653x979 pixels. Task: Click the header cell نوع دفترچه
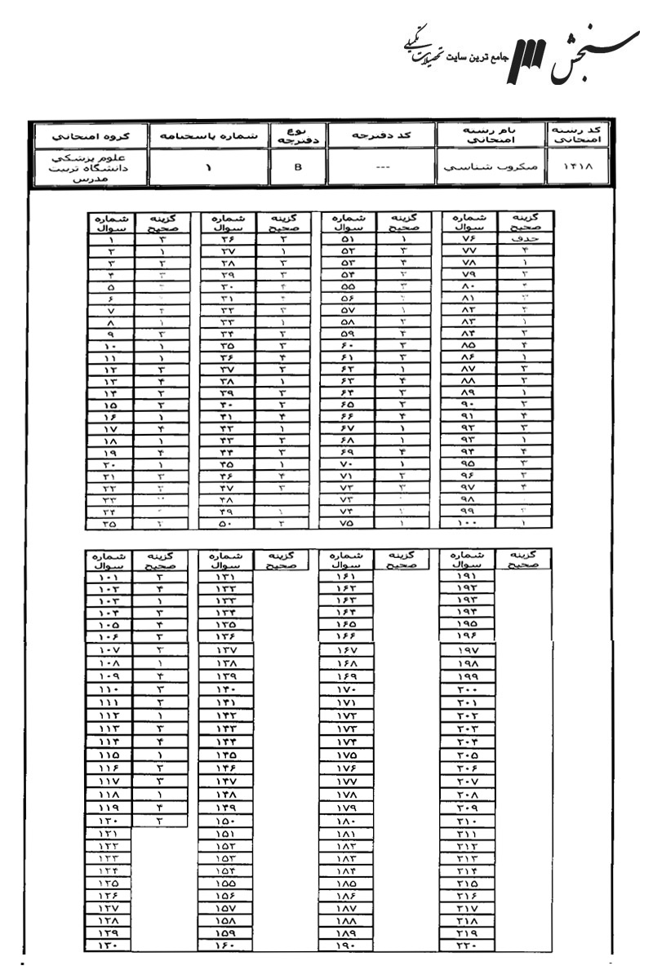coord(297,135)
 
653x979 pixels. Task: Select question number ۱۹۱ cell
coord(470,577)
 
